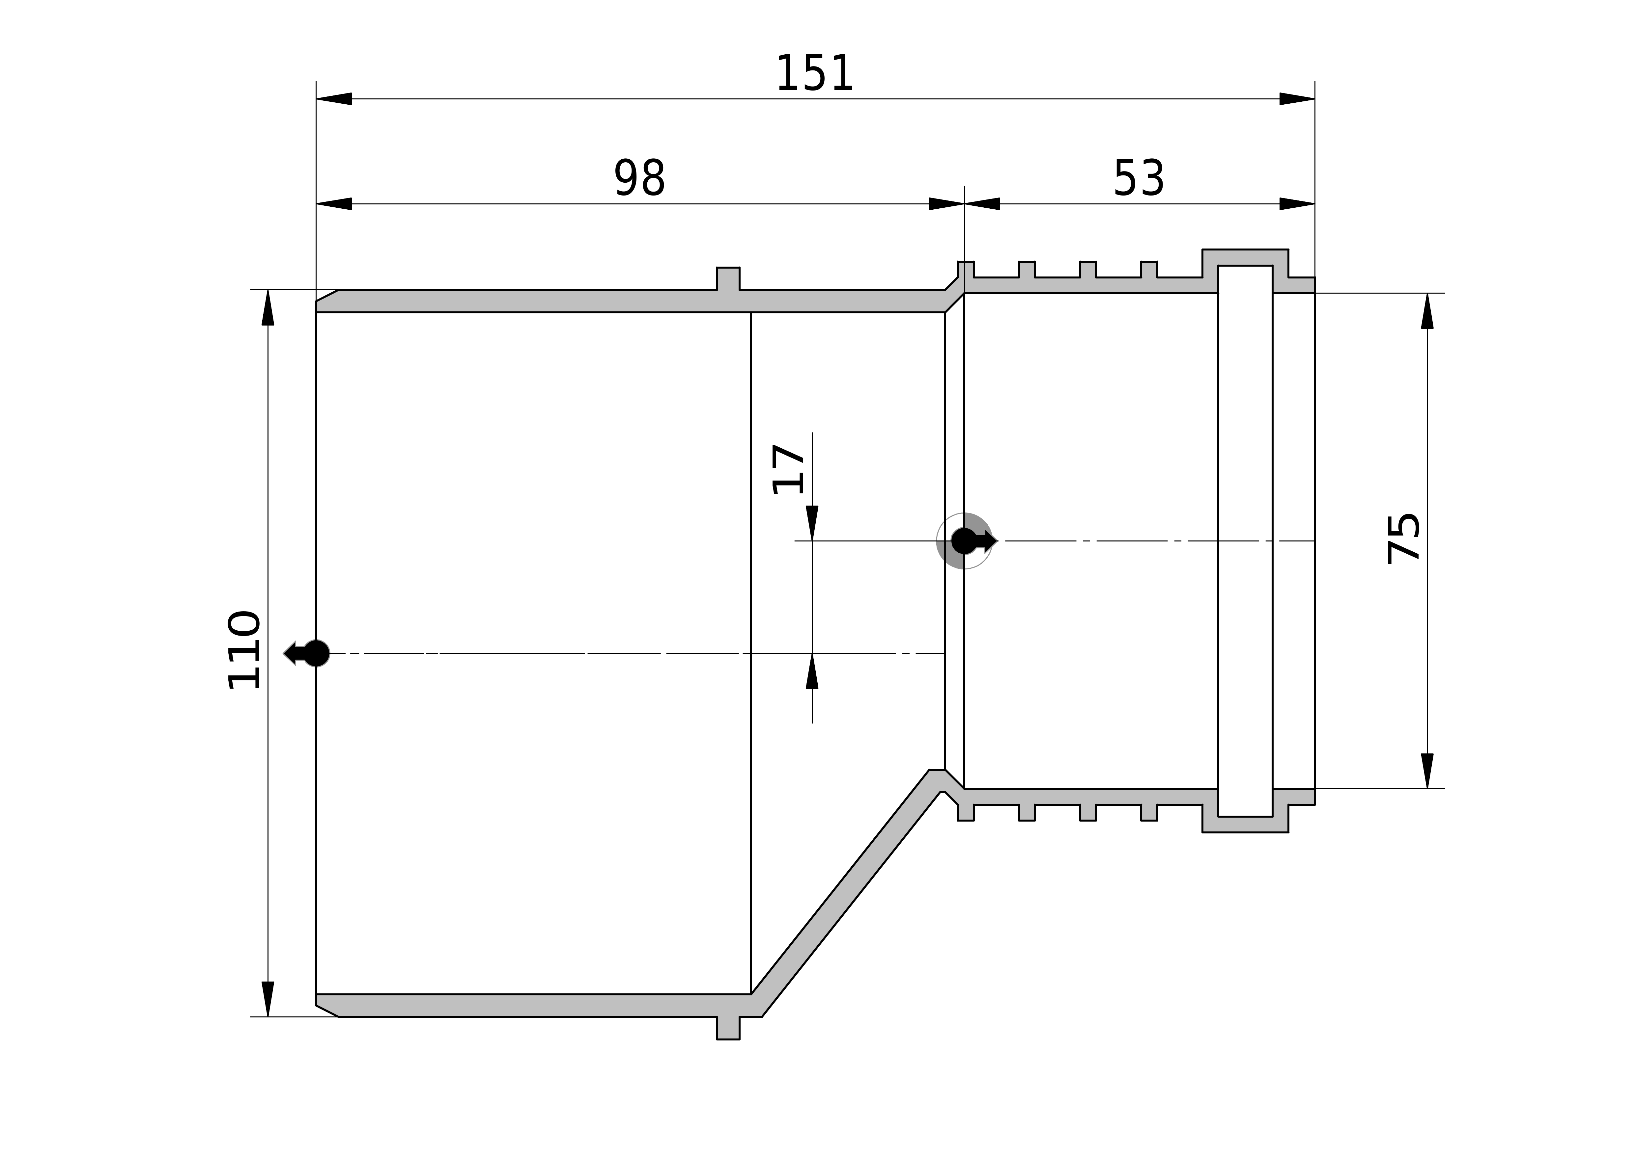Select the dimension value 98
coord(639,179)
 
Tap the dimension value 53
coord(1139,179)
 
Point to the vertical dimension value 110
coord(243,650)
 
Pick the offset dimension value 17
coord(788,469)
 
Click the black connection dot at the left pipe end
coord(316,653)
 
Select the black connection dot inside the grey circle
coord(964,541)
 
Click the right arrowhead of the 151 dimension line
coord(1297,99)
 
